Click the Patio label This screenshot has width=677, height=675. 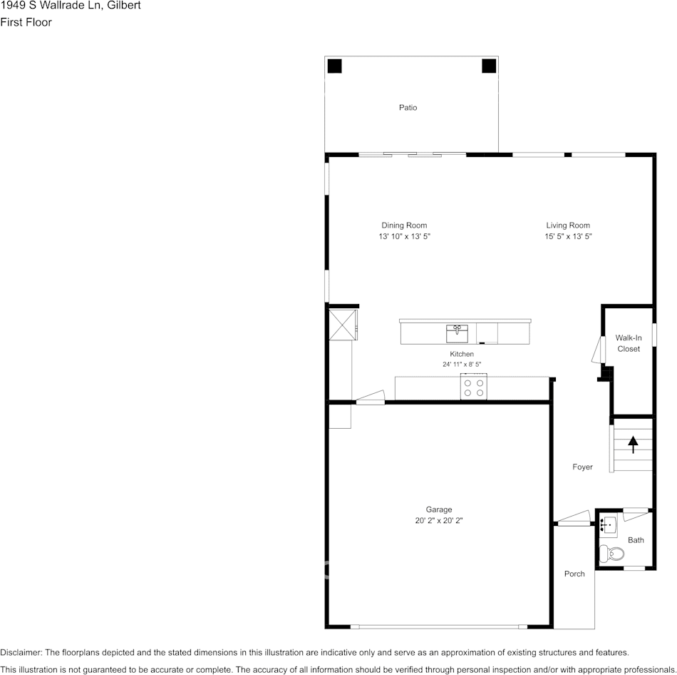pos(408,108)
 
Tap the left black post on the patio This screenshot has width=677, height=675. pos(334,66)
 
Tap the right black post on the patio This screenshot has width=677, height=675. pos(489,66)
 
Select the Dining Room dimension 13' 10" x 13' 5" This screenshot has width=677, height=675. pos(404,236)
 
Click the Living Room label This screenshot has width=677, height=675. pos(568,225)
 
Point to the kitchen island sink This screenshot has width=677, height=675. pos(457,333)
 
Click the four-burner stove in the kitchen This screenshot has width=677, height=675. pos(474,387)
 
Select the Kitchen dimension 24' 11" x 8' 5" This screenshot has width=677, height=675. pos(461,365)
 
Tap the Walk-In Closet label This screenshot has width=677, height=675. pos(629,343)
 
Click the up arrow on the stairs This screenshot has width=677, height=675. pos(633,445)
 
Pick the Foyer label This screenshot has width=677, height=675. pos(582,467)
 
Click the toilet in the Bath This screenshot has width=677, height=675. pos(611,553)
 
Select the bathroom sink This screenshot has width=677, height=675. pos(608,525)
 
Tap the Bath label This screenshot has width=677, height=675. pos(636,540)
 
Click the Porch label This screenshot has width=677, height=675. pos(574,574)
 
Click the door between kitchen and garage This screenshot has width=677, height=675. pos(371,398)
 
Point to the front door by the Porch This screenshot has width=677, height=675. pos(574,519)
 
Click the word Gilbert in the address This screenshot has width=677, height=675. pos(123,6)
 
